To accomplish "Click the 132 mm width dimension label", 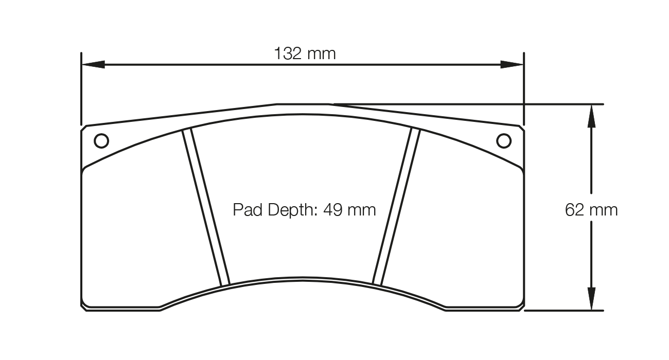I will [x=304, y=53].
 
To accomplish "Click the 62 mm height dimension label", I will [x=591, y=210].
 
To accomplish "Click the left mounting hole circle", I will [x=101, y=140].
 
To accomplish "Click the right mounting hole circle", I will [x=504, y=140].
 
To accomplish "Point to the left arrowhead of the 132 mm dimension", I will [x=93, y=65].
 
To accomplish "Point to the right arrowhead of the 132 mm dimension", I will [x=512, y=65].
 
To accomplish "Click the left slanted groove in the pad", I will [x=206, y=208].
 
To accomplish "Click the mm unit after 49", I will [x=362, y=210].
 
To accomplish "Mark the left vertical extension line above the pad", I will [x=81, y=87].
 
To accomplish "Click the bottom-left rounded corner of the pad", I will [x=84, y=307].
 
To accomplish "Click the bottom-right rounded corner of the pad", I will [x=521, y=307].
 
